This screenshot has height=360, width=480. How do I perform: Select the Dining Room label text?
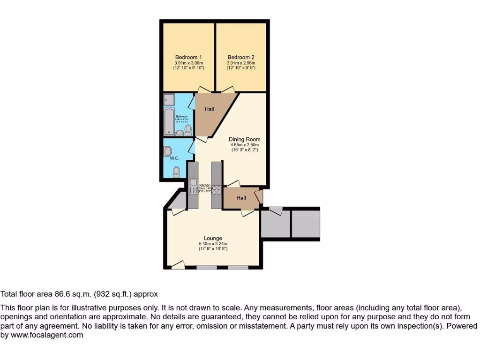pyautogui.click(x=244, y=139)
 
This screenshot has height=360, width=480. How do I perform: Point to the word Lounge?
pyautogui.click(x=213, y=238)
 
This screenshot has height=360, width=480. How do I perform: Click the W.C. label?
pyautogui.click(x=174, y=158)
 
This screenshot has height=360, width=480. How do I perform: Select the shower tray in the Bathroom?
pyautogui.click(x=169, y=100)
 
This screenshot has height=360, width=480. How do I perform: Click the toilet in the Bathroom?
pyautogui.click(x=188, y=130)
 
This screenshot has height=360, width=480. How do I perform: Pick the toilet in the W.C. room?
pyautogui.click(x=176, y=173)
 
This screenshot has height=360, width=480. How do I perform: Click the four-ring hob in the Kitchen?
pyautogui.click(x=217, y=190)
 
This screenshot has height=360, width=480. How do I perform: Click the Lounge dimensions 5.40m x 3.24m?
pyautogui.click(x=213, y=244)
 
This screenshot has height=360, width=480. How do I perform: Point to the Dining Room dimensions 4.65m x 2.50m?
pyautogui.click(x=244, y=145)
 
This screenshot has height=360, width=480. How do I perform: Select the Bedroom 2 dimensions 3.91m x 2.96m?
pyautogui.click(x=241, y=63)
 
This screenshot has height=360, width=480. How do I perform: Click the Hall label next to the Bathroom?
pyautogui.click(x=209, y=109)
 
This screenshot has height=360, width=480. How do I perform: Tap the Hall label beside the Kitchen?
pyautogui.click(x=241, y=198)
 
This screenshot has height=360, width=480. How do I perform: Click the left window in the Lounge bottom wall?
pyautogui.click(x=207, y=268)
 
